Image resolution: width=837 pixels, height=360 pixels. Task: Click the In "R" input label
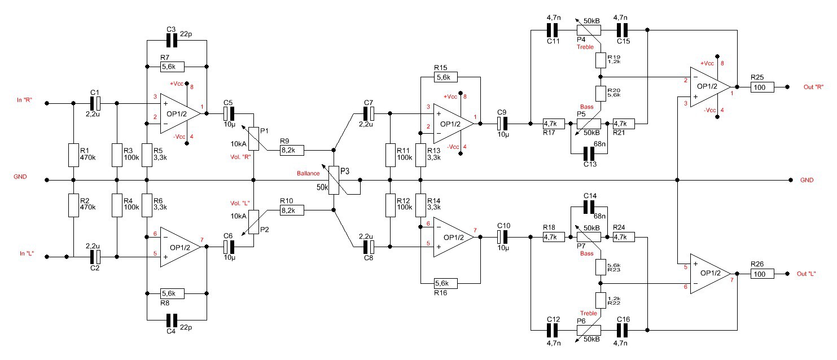pos(24,100)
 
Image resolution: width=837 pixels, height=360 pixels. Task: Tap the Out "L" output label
pos(807,274)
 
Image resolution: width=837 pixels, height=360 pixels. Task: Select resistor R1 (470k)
pos(73,155)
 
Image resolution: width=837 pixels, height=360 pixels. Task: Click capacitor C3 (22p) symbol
pos(172,40)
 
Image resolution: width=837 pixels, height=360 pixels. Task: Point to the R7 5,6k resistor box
pos(173,67)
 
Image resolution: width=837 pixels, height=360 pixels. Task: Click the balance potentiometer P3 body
pos(334,181)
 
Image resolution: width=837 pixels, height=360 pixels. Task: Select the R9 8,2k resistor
pos(292,151)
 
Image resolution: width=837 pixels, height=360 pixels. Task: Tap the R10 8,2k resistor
pos(292,210)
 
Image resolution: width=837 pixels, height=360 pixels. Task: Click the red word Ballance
pos(308,173)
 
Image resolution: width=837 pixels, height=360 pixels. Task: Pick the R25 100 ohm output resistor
pos(762,87)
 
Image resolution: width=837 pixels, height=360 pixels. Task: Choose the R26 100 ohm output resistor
pos(762,274)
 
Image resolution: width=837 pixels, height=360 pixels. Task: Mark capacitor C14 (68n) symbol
pos(589,207)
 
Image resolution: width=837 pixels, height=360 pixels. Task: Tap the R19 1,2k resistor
pos(601,60)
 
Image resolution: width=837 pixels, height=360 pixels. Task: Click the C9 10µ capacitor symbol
pos(502,123)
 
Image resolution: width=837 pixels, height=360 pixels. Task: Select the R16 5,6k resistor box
pos(446,283)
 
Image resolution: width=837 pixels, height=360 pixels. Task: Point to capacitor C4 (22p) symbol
pos(172,320)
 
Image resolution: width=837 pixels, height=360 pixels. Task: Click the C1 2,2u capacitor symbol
pos(95,103)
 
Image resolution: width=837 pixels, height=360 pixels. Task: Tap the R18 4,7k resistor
pos(554,237)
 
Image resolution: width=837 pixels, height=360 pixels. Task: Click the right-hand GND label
pos(807,180)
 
